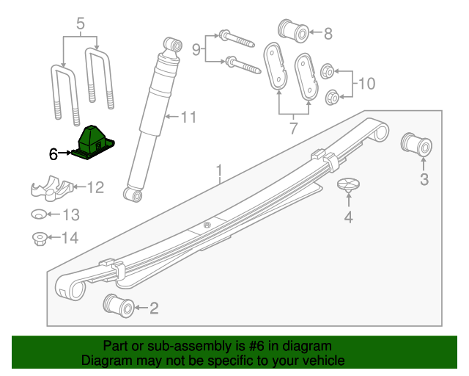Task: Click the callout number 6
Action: (x=53, y=154)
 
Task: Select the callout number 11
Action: (x=189, y=117)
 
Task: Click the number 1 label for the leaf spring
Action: (x=218, y=173)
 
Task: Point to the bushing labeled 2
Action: (x=119, y=305)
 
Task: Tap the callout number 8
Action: (x=328, y=33)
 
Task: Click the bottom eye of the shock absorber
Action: (x=133, y=195)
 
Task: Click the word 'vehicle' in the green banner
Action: (x=320, y=361)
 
